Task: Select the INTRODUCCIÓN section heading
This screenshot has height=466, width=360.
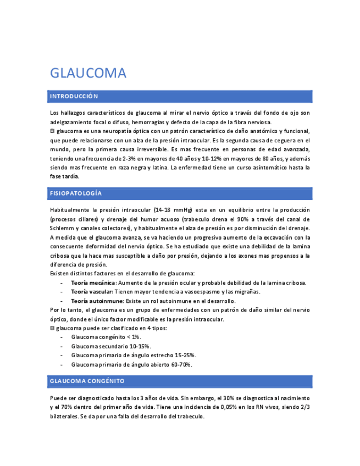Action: pyautogui.click(x=74, y=97)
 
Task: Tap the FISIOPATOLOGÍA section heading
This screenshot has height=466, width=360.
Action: pyautogui.click(x=75, y=194)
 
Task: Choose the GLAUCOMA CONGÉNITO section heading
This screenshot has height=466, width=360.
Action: pyautogui.click(x=87, y=381)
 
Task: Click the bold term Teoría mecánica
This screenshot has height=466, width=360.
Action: pyautogui.click(x=90, y=283)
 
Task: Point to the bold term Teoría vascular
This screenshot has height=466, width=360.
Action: pyautogui.click(x=91, y=292)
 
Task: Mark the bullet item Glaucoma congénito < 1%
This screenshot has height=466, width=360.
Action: pyautogui.click(x=106, y=337)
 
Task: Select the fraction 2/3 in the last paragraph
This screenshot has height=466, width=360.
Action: pyautogui.click(x=305, y=407)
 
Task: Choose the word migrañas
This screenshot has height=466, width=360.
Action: pyautogui.click(x=246, y=292)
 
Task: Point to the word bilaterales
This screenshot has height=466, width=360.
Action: pyautogui.click(x=64, y=417)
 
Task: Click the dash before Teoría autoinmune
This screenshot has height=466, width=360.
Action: pyautogui.click(x=61, y=301)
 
